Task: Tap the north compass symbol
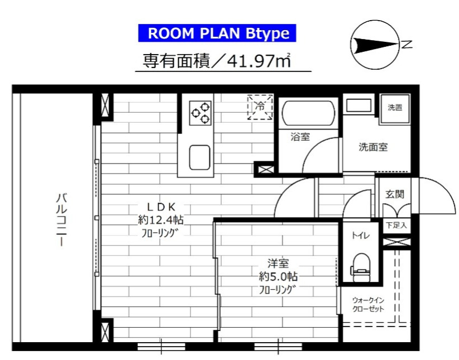click(375, 45)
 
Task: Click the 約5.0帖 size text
click(278, 276)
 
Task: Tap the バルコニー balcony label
click(61, 220)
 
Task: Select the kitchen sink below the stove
click(200, 156)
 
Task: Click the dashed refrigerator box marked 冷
click(260, 107)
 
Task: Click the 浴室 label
click(300, 137)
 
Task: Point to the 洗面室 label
click(373, 147)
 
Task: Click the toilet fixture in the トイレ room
click(362, 264)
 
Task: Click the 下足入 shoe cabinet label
click(396, 226)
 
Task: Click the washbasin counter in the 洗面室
click(358, 105)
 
